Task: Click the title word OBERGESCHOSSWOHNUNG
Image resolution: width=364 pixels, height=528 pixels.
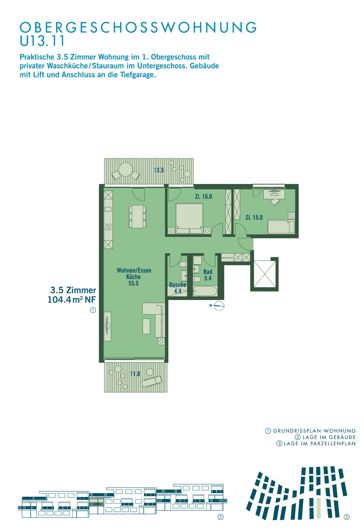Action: (138, 27)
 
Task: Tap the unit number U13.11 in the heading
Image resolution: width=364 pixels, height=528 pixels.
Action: (42, 41)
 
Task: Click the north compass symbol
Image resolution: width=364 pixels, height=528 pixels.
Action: (219, 306)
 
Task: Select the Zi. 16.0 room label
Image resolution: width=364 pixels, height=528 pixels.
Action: (203, 196)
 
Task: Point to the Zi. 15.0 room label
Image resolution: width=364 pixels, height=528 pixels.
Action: (254, 218)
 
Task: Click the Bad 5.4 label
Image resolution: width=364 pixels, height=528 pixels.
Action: (207, 275)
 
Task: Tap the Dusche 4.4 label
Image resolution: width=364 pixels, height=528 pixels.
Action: (178, 288)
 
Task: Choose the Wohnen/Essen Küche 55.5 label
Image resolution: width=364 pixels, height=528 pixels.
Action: (134, 277)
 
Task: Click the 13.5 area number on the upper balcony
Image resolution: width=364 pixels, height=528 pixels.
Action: (159, 170)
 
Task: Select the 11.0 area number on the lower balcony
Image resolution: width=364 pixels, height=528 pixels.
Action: (135, 374)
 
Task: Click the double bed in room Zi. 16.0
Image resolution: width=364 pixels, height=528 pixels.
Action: (189, 219)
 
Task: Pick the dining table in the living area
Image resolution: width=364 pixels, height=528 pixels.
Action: (137, 216)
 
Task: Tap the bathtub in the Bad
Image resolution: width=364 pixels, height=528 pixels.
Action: (205, 291)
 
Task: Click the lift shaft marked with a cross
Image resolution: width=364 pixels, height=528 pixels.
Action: (264, 274)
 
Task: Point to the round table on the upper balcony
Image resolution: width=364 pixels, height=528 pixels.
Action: (126, 169)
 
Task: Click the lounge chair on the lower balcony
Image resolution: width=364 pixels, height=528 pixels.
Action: (152, 381)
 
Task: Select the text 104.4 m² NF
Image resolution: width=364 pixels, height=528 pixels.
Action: (72, 300)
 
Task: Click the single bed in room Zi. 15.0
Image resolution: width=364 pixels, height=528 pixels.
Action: (281, 227)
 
